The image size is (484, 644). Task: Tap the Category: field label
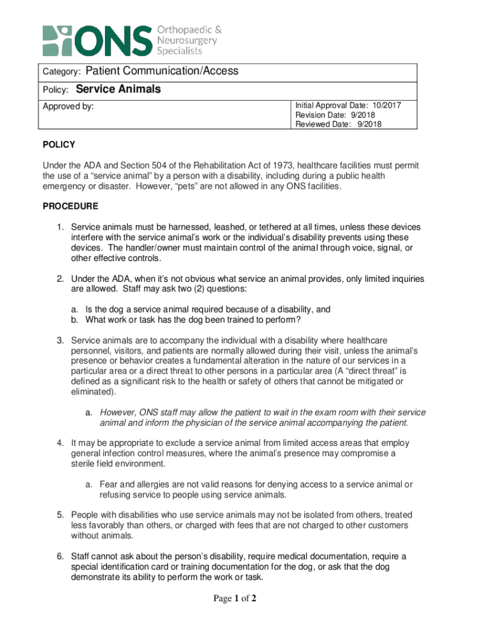61,72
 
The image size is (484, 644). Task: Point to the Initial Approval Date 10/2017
348,106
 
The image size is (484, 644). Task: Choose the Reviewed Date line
338,124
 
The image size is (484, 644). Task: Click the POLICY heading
58,145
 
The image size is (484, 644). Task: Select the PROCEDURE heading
70,206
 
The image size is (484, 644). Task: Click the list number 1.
59,226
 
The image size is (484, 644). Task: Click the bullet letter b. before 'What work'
74,319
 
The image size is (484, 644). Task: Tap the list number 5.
59,514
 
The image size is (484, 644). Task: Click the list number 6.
59,556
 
